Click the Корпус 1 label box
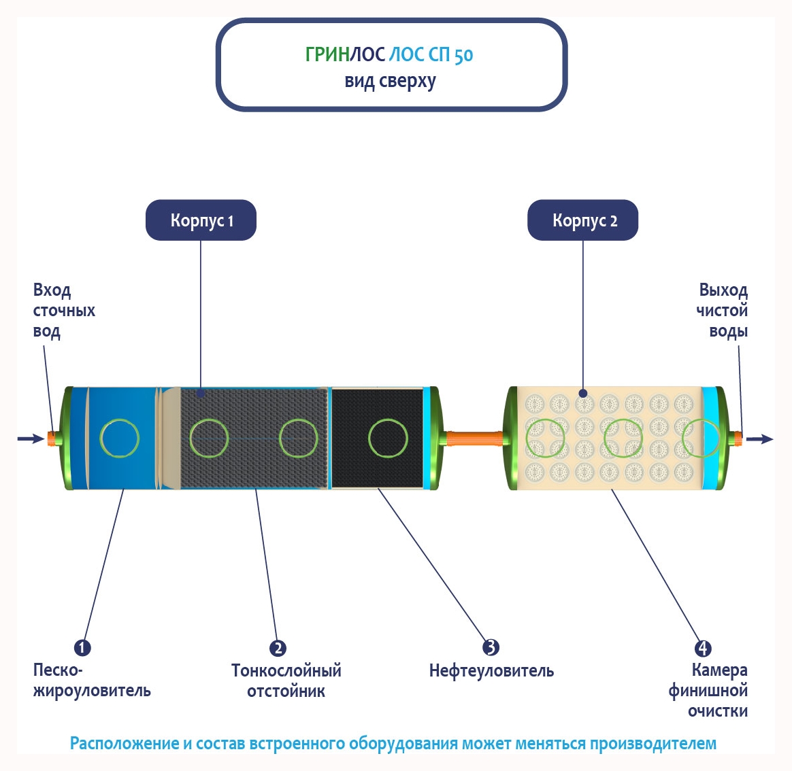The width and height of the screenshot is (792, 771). [201, 220]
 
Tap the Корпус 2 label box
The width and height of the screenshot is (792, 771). [583, 220]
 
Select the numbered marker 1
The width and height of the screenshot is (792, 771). [82, 647]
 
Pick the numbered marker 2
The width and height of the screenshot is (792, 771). [278, 648]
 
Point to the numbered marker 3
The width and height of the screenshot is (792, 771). [491, 647]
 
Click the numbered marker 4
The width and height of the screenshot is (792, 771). [703, 648]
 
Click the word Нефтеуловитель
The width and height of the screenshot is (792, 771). [491, 671]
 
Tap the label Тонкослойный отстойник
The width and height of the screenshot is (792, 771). [286, 681]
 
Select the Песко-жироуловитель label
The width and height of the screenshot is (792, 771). [91, 681]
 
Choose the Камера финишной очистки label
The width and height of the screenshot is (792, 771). [709, 691]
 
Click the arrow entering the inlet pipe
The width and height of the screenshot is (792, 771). [31, 439]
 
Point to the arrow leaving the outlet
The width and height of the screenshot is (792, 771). [760, 439]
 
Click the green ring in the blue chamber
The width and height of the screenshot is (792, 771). [119, 438]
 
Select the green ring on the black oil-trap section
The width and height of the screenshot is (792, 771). [388, 439]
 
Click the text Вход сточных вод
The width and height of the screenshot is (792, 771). [63, 311]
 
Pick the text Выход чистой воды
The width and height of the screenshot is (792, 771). [723, 311]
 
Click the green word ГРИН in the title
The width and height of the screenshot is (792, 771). [327, 55]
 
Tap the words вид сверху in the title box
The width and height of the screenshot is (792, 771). [390, 82]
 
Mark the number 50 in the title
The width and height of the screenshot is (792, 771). [463, 55]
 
